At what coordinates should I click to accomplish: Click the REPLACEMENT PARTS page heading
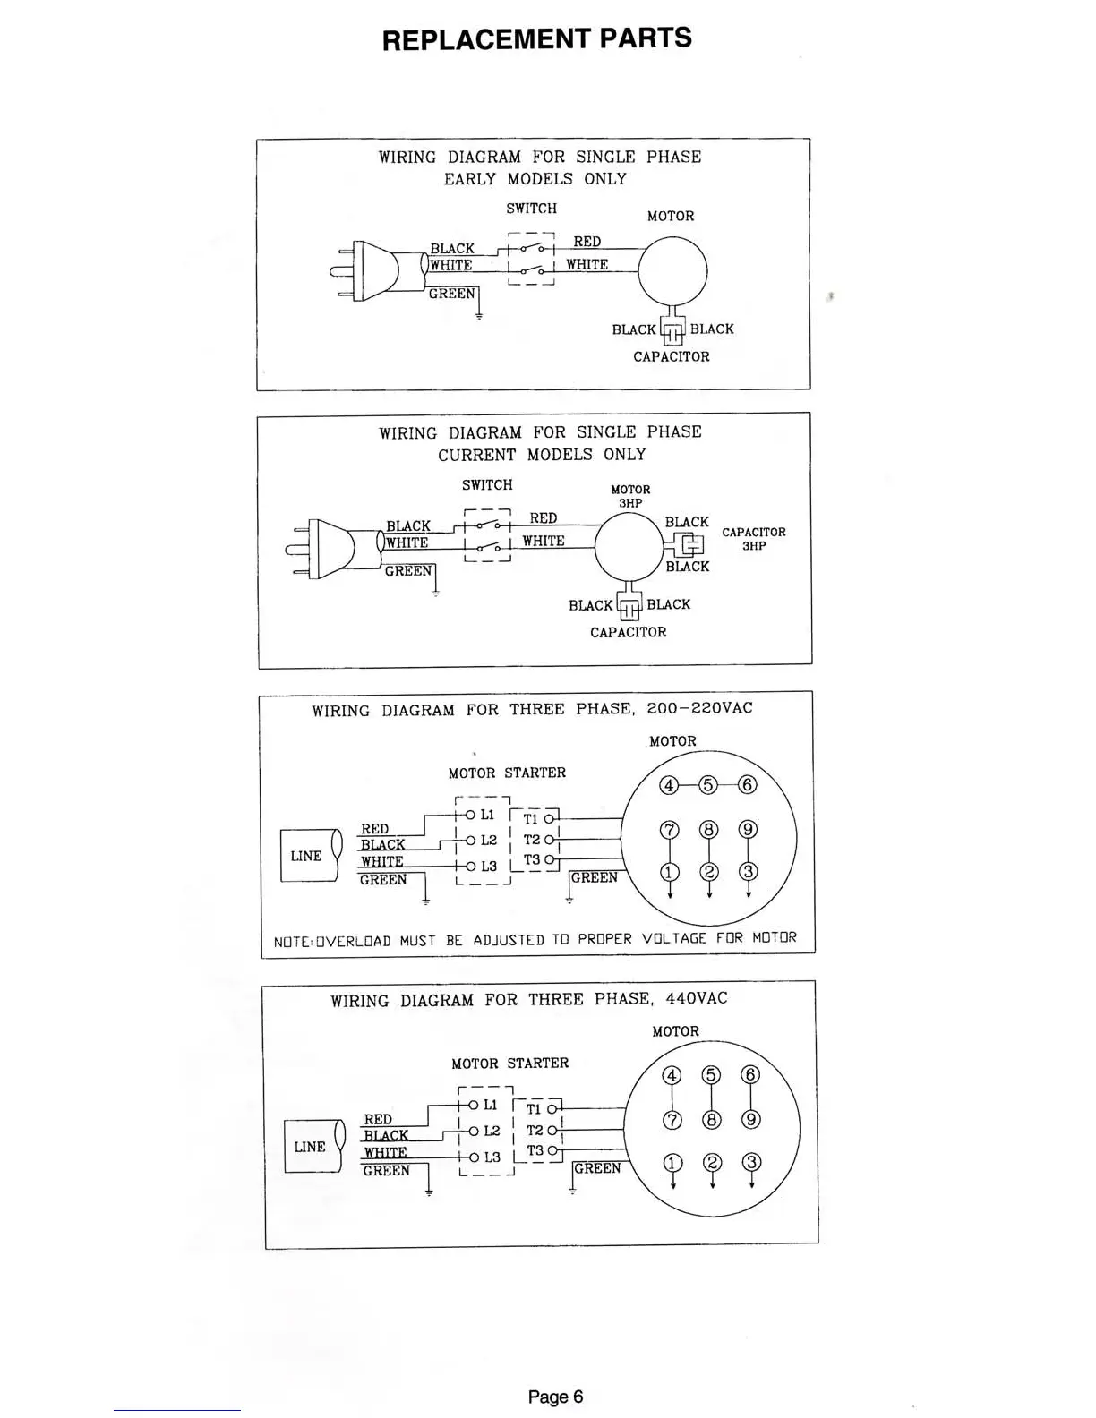[536, 39]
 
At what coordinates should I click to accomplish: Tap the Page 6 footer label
[555, 1396]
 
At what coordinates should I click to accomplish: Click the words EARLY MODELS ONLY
[535, 179]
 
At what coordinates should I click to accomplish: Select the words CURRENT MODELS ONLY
[541, 455]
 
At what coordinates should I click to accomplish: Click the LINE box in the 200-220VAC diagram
[308, 856]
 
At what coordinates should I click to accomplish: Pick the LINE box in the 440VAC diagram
[312, 1147]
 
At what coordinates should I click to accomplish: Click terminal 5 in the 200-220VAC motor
[707, 785]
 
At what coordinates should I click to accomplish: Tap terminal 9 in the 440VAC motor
[751, 1119]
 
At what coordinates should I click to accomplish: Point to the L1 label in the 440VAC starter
[490, 1106]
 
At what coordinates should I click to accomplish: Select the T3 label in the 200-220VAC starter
[532, 860]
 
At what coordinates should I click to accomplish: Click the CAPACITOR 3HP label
[753, 538]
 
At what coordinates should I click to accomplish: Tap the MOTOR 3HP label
[630, 496]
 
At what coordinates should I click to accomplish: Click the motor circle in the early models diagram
[672, 270]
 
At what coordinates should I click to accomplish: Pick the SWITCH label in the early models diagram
[531, 209]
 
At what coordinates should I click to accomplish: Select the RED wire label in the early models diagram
[587, 242]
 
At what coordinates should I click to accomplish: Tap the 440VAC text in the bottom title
[696, 998]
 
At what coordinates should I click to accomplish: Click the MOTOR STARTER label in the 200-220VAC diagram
[507, 773]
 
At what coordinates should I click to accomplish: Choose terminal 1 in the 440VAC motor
[672, 1163]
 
